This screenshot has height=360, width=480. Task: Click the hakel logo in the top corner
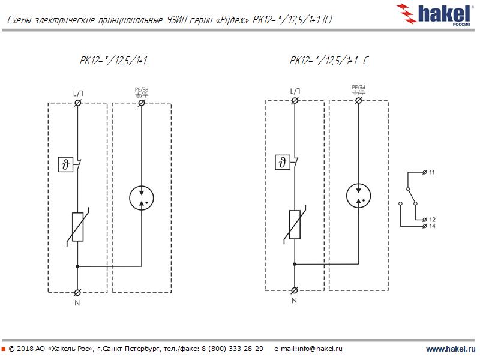tap(442, 13)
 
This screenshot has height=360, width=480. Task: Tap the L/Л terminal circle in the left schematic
tap(77, 103)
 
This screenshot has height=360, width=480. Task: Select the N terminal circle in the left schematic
tap(77, 292)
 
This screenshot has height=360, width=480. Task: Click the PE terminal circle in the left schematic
tap(142, 103)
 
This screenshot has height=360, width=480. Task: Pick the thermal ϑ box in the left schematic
tap(66, 164)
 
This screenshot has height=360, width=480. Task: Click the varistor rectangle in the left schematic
tap(77, 226)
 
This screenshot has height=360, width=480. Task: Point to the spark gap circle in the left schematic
tap(142, 198)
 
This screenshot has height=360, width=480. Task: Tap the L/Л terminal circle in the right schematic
tap(295, 100)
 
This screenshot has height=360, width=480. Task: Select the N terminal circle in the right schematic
tap(295, 289)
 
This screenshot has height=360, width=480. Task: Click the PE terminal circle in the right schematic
tap(359, 100)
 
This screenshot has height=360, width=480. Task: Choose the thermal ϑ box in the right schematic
tap(283, 162)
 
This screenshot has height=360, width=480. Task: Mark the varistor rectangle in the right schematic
tap(295, 224)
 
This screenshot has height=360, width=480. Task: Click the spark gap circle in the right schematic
tap(359, 195)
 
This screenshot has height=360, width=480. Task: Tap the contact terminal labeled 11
tap(425, 172)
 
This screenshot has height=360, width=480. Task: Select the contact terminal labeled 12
tap(425, 220)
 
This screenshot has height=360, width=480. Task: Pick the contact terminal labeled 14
tap(425, 226)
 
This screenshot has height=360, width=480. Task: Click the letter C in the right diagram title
tap(365, 61)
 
